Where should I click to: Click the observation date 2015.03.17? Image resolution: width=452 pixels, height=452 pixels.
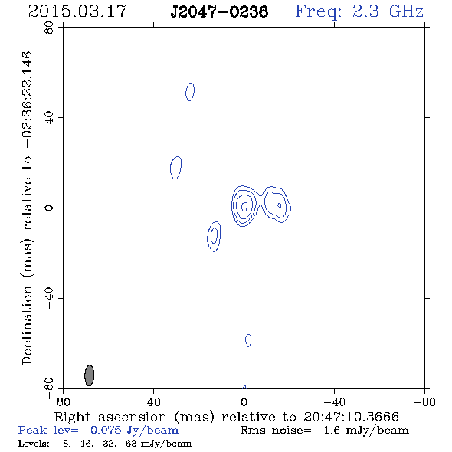(x=77, y=11)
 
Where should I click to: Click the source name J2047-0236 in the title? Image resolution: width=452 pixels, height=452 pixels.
(x=219, y=11)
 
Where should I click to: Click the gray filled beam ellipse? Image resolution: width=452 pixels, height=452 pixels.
(x=90, y=375)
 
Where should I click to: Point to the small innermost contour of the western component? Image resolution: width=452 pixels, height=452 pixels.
(x=280, y=205)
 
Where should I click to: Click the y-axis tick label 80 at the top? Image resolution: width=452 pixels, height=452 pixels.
(x=49, y=28)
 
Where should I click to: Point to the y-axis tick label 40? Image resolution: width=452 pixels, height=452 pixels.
(x=49, y=118)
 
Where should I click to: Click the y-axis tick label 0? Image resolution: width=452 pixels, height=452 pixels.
(x=49, y=208)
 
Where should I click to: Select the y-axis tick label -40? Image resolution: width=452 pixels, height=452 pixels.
(x=49, y=298)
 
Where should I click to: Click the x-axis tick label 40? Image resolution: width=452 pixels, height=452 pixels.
(x=153, y=401)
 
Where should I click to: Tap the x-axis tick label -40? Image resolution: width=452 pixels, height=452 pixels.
(x=334, y=401)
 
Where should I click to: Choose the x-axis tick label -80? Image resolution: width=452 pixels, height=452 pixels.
(x=424, y=401)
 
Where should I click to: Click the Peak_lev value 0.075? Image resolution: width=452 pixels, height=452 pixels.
(x=106, y=430)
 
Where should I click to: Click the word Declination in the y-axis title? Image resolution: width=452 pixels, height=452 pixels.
(x=27, y=325)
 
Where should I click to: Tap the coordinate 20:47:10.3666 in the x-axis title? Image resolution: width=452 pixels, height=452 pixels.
(x=351, y=417)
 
